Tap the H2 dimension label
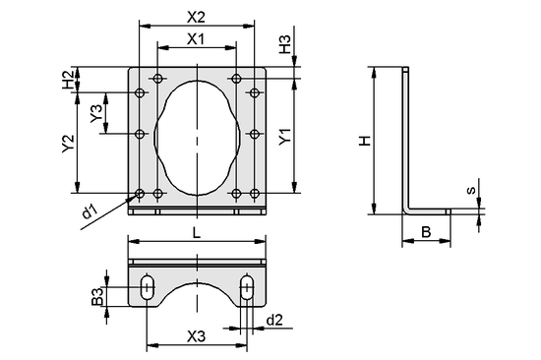tap(68, 80)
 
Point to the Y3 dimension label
tap(95, 113)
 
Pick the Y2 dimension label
tap(68, 144)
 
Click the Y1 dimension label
tap(284, 137)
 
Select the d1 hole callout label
tap(89, 210)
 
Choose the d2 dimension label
tap(274, 320)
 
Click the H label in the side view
tap(363, 141)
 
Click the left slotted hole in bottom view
tap(147, 288)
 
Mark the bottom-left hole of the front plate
tap(140, 193)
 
